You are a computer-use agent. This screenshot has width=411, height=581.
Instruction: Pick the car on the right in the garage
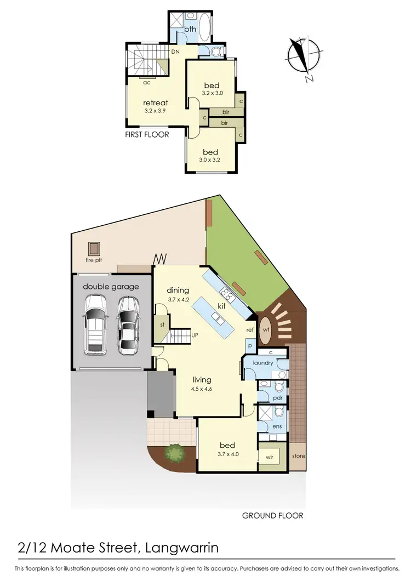[128, 324]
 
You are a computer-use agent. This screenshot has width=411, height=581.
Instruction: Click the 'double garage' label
[111, 286]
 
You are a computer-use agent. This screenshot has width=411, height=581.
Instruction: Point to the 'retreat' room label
[155, 102]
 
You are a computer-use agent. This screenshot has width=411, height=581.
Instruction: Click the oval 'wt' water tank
[266, 330]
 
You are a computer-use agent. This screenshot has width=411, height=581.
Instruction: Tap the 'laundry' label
[263, 362]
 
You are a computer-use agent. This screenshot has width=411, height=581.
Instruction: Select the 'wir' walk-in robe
[269, 457]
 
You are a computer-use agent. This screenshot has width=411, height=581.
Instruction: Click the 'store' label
[299, 456]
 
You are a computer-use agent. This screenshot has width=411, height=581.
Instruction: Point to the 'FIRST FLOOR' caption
[146, 134]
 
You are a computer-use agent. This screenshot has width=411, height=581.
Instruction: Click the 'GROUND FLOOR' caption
[272, 515]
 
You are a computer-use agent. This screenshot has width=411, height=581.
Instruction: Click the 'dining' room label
[178, 290]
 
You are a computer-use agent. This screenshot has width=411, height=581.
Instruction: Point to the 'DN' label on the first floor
[175, 52]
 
